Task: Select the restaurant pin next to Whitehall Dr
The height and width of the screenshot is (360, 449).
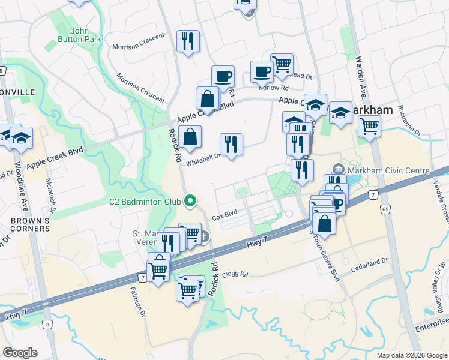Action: coord(231,145)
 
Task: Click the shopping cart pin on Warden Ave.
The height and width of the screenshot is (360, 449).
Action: coord(369,126)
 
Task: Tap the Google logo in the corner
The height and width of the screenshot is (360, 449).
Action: coord(20,353)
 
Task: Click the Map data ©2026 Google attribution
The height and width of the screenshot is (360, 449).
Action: coord(411,355)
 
